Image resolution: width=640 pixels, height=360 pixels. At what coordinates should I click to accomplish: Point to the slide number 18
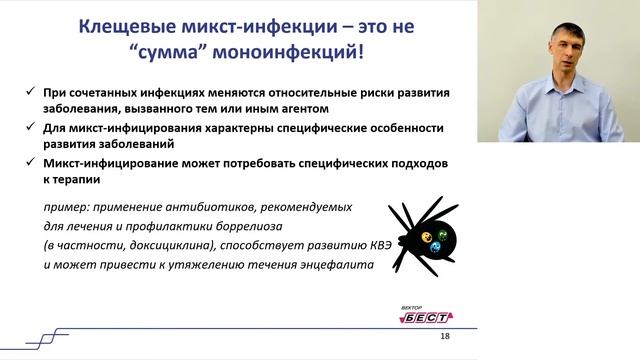[x=445, y=337]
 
